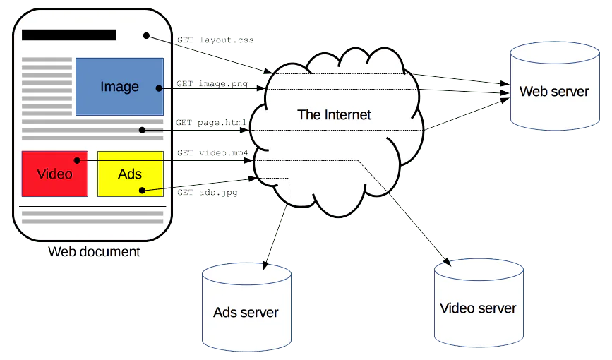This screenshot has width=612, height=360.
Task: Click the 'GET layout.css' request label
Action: (215, 40)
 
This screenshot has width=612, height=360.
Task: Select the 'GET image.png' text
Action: (212, 83)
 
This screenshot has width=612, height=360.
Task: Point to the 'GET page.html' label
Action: (211, 123)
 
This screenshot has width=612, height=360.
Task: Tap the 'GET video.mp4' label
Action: (212, 152)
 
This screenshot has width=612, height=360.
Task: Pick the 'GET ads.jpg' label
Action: (208, 192)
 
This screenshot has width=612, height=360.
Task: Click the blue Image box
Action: (119, 87)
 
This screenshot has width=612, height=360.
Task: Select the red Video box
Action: (54, 174)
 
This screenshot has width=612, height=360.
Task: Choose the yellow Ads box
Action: (131, 174)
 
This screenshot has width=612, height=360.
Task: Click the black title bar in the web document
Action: (69, 35)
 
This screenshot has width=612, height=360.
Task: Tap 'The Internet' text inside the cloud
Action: (334, 115)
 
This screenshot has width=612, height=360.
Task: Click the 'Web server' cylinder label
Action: (554, 91)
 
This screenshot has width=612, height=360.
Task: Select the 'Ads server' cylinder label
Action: (246, 313)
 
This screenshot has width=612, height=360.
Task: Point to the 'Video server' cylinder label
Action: (478, 308)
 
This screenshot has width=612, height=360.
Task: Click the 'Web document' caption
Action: (94, 251)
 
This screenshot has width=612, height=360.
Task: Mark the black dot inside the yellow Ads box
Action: (142, 191)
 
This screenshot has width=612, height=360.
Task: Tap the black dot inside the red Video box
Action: (77, 160)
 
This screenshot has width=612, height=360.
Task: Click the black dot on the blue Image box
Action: (159, 89)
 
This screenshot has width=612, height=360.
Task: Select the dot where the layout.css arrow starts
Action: (146, 36)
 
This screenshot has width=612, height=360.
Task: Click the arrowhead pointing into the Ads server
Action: (265, 265)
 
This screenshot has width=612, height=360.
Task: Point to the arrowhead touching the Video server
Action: (447, 262)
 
